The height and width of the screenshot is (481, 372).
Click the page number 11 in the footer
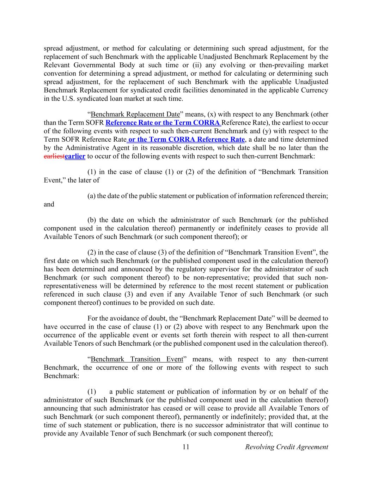pyautogui.click(x=186, y=447)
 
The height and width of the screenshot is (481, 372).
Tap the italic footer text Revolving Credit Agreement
pyautogui.click(x=286, y=447)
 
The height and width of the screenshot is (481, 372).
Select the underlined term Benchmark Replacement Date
pyautogui.click(x=135, y=114)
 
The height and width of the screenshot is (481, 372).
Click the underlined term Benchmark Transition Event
pyautogui.click(x=137, y=359)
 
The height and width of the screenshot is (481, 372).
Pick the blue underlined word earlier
pyautogui.click(x=75, y=156)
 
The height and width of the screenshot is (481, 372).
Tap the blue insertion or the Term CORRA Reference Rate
pyautogui.click(x=186, y=140)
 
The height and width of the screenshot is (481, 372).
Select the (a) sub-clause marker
pyautogui.click(x=91, y=196)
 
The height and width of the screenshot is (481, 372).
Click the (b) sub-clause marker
pyautogui.click(x=92, y=220)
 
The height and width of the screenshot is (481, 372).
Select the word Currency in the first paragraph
pyautogui.click(x=314, y=90)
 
